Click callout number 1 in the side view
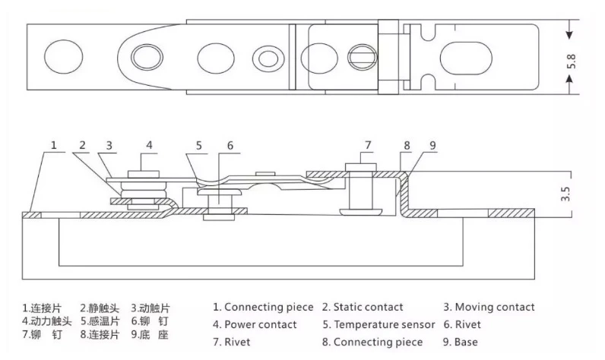(x=54, y=144)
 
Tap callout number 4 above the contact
(x=150, y=144)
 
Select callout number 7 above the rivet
(x=367, y=144)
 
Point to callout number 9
(x=433, y=144)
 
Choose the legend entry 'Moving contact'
(x=489, y=308)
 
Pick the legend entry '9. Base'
(x=461, y=343)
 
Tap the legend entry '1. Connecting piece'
(x=262, y=308)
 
